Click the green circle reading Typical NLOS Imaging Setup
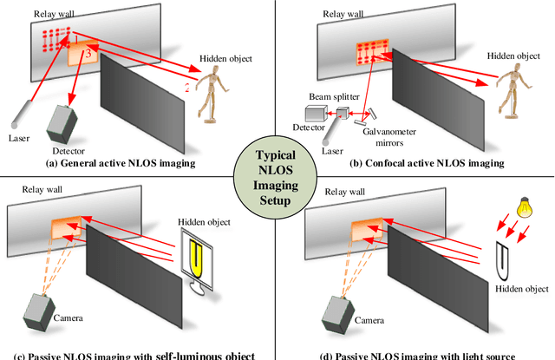point(277,175)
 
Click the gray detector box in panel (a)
point(62,124)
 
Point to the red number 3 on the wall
point(87,54)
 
